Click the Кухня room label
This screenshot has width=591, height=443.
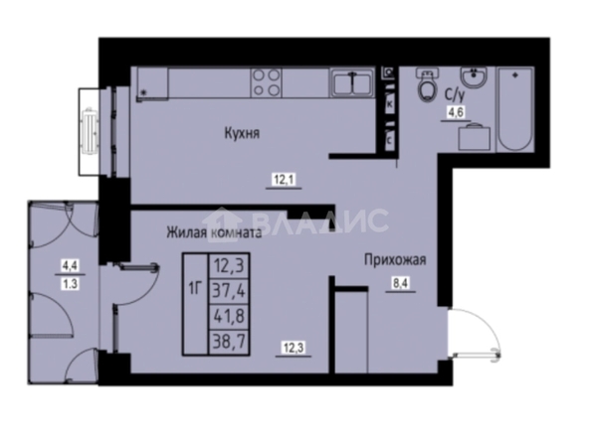pos(242,134)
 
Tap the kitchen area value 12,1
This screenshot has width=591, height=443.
pos(285,180)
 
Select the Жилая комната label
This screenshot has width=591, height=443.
pos(214,232)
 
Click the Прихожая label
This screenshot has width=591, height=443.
pos(395,260)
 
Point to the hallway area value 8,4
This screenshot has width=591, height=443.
pos(401,283)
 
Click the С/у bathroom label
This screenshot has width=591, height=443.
pos(455,94)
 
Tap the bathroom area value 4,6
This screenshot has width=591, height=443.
pos(456,112)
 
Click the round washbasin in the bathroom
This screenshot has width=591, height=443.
pos(474,77)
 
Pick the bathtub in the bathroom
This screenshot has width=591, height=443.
pos(514,109)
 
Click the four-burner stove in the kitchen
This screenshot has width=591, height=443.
pos(267,82)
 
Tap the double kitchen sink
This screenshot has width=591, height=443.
pos(352,83)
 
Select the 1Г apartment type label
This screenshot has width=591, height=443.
pos(196,290)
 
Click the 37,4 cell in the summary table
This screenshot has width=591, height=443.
pos(229,291)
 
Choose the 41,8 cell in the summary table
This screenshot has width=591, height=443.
pos(229,316)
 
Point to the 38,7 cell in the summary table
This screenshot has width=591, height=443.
pos(229,342)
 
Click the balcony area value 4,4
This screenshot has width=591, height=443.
pos(70,266)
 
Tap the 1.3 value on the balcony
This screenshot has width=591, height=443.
pos(70,283)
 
